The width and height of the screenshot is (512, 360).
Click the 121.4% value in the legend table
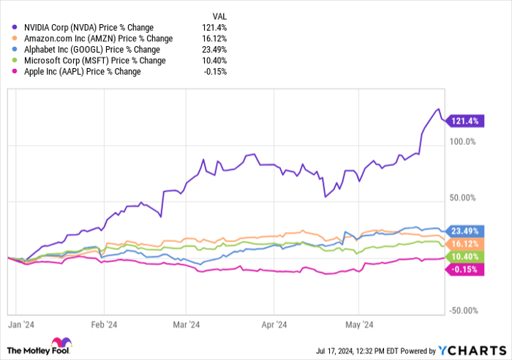pos(215,27)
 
